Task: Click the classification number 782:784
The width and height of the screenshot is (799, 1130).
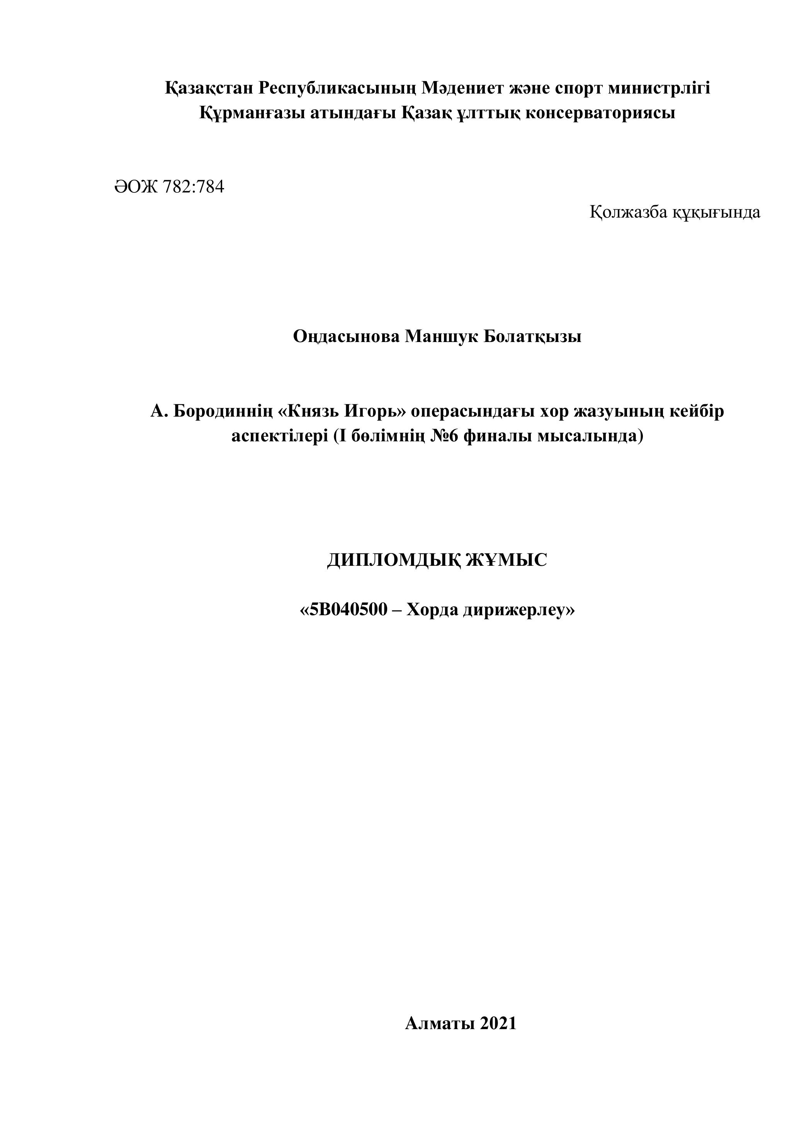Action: (193, 187)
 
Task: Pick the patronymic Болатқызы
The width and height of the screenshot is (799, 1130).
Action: (532, 337)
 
